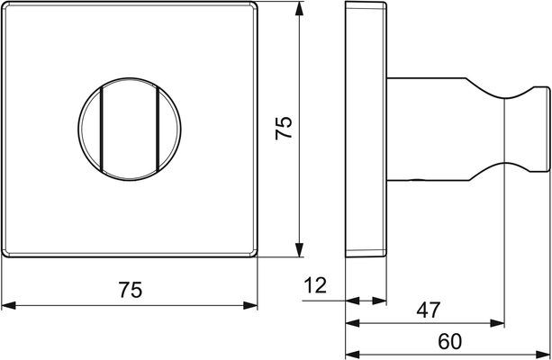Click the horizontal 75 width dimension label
tap(131, 290)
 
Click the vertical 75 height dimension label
tap(284, 128)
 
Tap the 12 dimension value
tap(315, 285)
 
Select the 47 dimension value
tap(429, 310)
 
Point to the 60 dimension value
tap(449, 341)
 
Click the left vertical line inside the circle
tap(102, 129)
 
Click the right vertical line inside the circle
tap(158, 129)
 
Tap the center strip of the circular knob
tap(130, 129)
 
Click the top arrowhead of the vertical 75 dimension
tap(299, 8)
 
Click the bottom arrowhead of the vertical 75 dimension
tap(299, 250)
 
